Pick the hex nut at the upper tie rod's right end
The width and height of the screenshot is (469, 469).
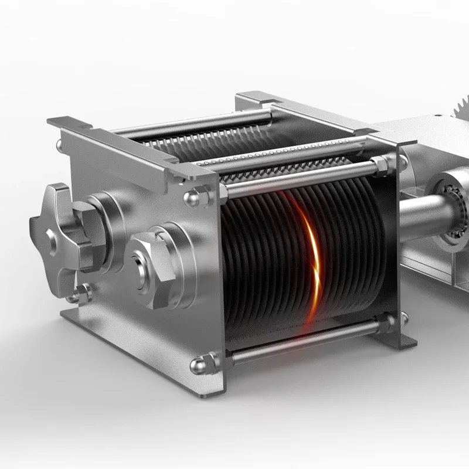click(380, 165)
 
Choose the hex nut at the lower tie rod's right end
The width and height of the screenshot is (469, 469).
click(385, 322)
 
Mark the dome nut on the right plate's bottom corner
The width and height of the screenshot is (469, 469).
click(403, 318)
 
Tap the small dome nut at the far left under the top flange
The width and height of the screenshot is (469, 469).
click(60, 145)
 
